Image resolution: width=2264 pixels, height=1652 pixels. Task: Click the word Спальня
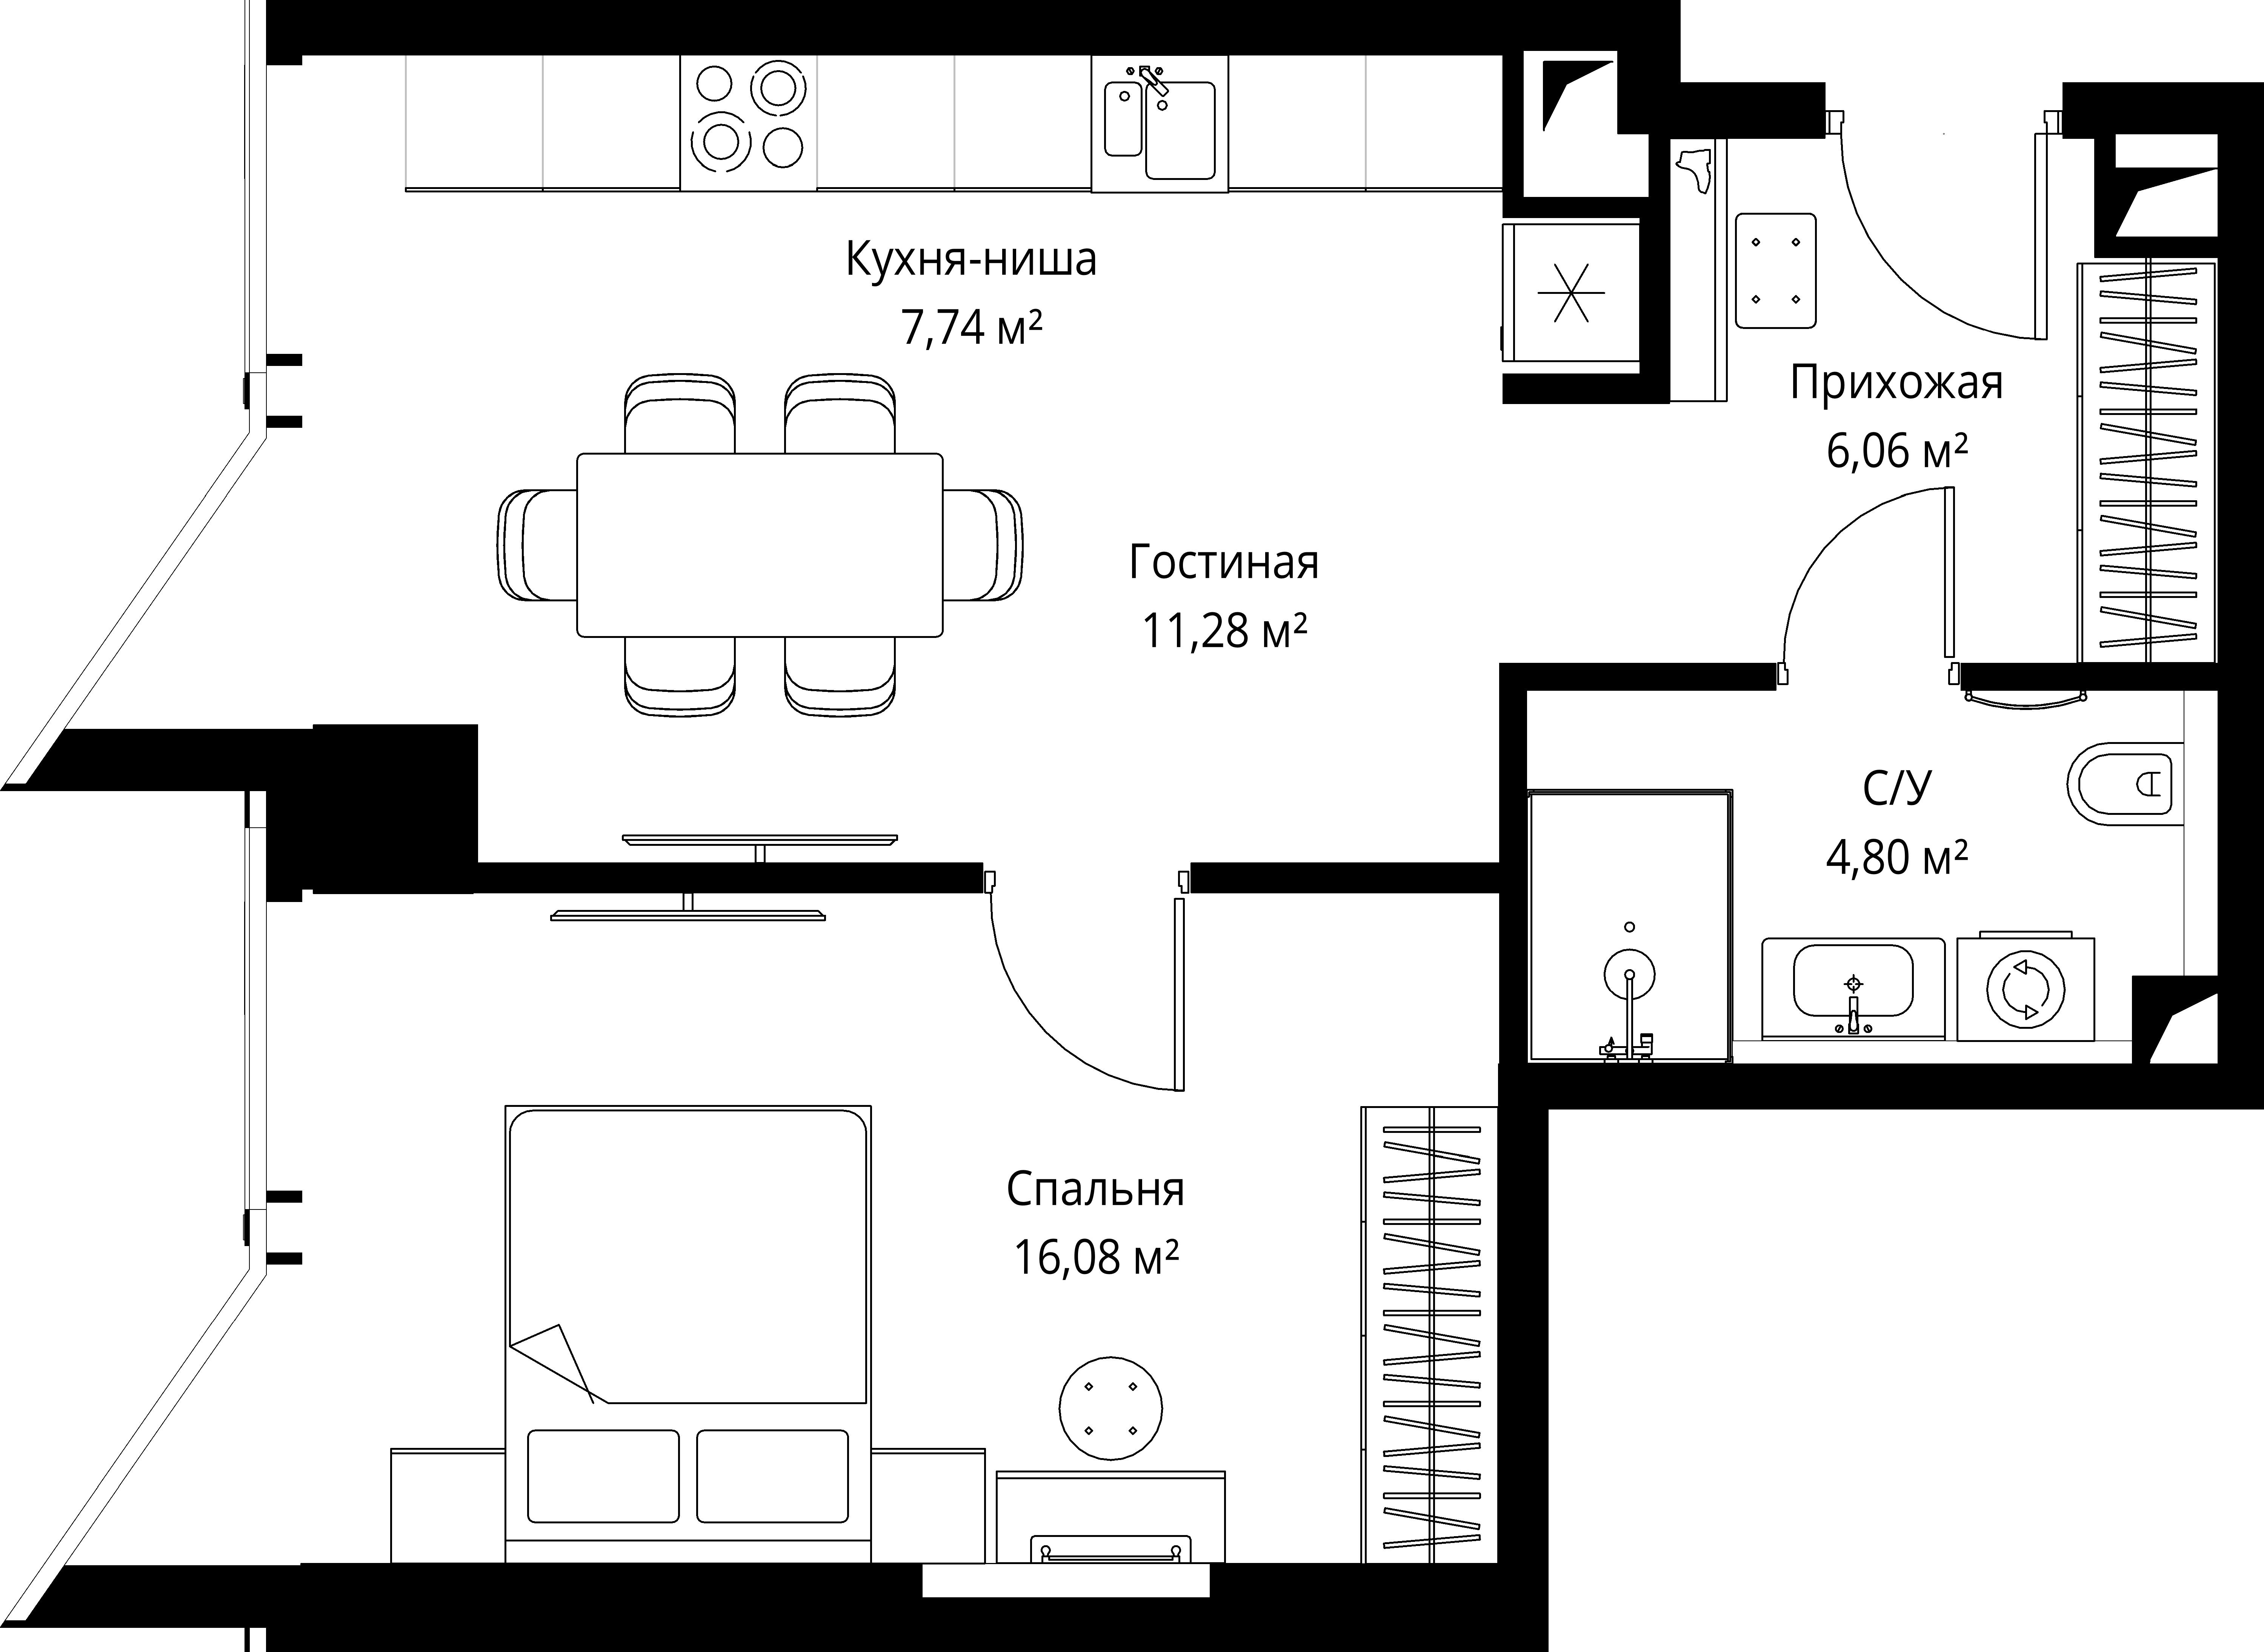[1095, 1190]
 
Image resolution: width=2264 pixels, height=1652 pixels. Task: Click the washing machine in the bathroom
[2025, 988]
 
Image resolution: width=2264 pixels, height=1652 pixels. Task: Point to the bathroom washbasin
[1853, 988]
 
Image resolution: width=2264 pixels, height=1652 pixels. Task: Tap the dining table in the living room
[760, 545]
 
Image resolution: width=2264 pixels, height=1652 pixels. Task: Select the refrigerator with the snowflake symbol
[1570, 292]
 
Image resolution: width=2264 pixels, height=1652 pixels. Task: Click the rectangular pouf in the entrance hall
[1775, 270]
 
